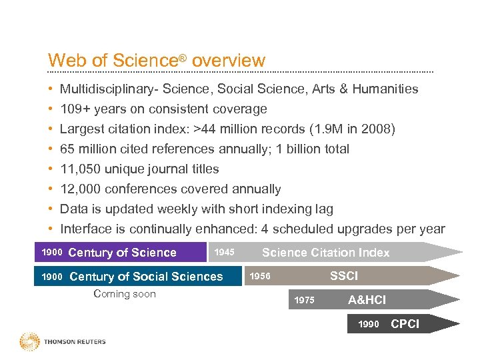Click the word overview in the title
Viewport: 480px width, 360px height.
click(x=229, y=61)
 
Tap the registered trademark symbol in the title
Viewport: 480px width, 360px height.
click(x=182, y=58)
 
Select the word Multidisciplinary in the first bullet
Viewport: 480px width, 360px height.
click(x=107, y=89)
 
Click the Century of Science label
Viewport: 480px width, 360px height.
click(x=122, y=252)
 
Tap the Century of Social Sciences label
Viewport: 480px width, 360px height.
click(x=146, y=276)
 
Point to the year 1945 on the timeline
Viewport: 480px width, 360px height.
click(x=224, y=252)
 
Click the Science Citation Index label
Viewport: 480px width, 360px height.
click(x=326, y=252)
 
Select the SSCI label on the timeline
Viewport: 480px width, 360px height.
click(x=344, y=275)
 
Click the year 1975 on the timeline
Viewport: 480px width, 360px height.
click(x=304, y=300)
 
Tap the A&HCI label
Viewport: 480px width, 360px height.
click(x=367, y=300)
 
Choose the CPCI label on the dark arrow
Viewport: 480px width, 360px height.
click(x=405, y=324)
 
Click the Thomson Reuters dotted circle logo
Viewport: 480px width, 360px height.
click(x=30, y=341)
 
